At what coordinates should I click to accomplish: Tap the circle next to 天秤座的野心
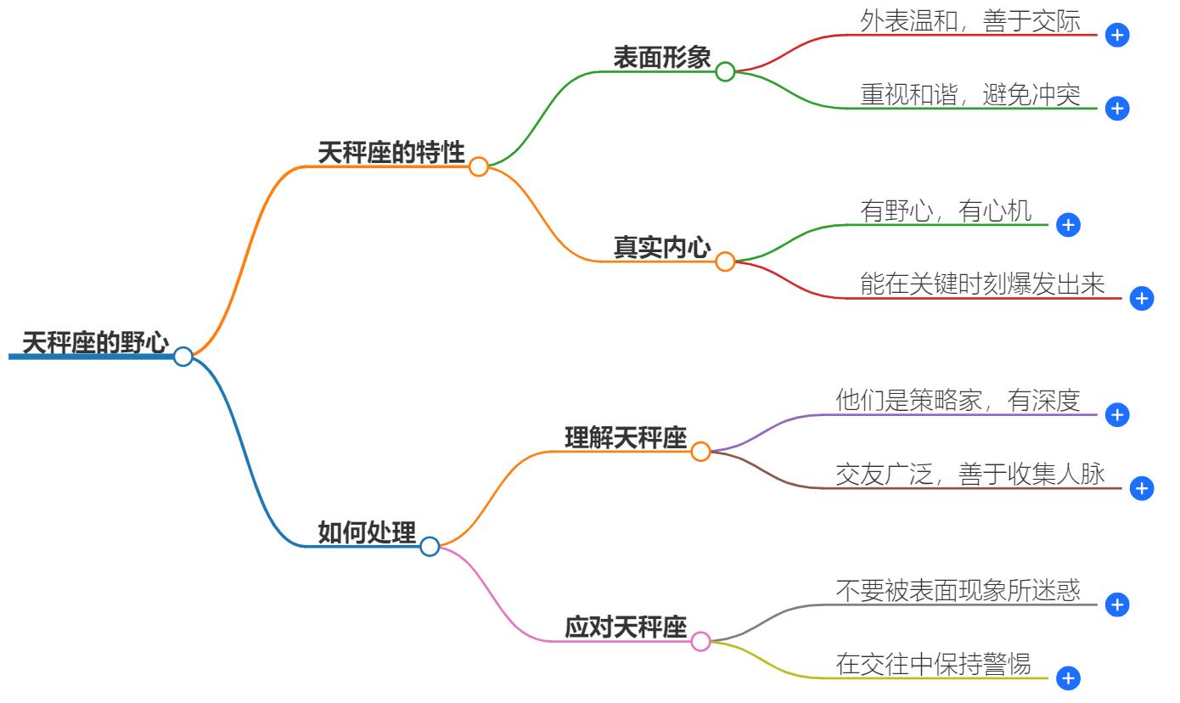pos(183,357)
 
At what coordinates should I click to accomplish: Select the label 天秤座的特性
pos(391,153)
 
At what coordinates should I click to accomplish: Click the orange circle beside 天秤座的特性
pos(479,166)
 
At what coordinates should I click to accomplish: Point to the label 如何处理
pos(367,533)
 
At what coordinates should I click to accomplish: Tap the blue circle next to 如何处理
pos(430,546)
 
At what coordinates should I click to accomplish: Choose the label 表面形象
pos(662,57)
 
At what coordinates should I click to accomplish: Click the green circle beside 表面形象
pos(725,71)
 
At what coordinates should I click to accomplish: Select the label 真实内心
pos(662,247)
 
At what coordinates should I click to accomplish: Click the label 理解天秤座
pos(626,437)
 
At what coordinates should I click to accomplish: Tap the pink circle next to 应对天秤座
pos(700,641)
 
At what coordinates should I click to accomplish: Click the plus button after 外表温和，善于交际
pos(1118,36)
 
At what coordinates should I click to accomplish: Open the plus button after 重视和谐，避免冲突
pos(1118,109)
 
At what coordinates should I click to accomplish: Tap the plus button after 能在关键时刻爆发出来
pos(1143,299)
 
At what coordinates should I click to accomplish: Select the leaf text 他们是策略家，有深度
pos(958,402)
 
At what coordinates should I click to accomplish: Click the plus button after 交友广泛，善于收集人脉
pos(1143,488)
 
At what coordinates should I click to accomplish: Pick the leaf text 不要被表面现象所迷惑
pos(958,591)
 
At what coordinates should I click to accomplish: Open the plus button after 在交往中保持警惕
pos(1069,678)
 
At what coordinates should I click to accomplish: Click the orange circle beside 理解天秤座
pos(700,452)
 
